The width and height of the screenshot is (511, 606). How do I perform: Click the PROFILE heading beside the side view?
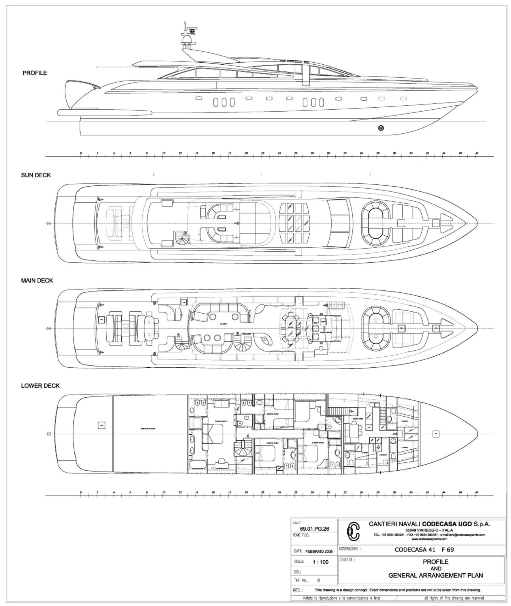pos(35,73)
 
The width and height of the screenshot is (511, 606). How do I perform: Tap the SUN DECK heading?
pos(36,175)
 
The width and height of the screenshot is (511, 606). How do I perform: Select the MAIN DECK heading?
pos(37,281)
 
